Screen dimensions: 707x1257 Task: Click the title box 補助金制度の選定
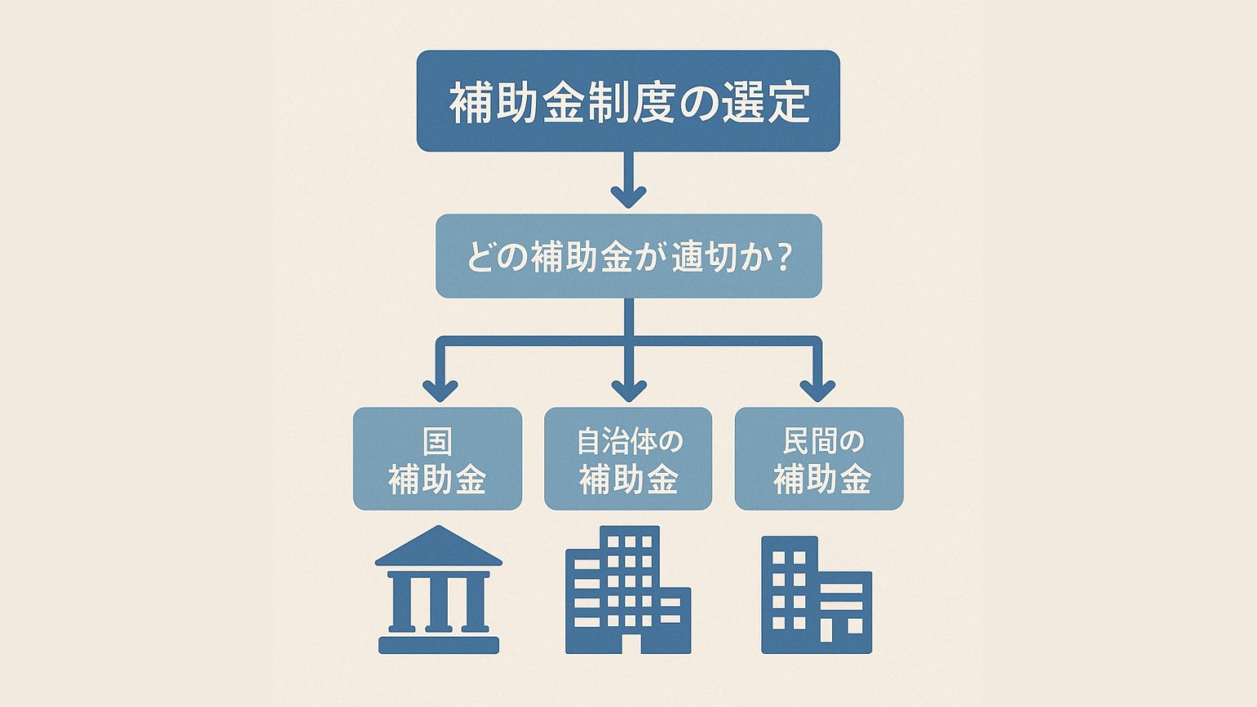pyautogui.click(x=628, y=101)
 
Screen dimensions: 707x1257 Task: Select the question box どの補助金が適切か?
pyautogui.click(x=628, y=256)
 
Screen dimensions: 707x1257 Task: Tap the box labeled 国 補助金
pyautogui.click(x=437, y=459)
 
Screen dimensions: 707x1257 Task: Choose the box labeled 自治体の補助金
pyautogui.click(x=628, y=459)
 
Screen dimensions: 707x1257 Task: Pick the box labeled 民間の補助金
pyautogui.click(x=818, y=459)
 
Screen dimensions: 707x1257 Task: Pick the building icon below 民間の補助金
pyautogui.click(x=816, y=595)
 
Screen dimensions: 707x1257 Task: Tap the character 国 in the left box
pyautogui.click(x=437, y=442)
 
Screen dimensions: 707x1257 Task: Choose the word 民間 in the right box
pyautogui.click(x=809, y=442)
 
